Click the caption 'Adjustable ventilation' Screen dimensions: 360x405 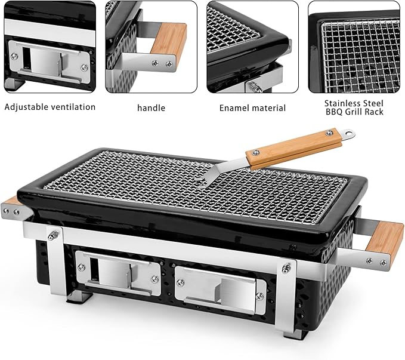coord(50,107)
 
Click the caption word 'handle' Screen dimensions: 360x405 coord(151,108)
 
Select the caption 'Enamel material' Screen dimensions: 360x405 coord(252,108)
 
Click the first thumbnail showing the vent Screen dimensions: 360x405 coord(50,47)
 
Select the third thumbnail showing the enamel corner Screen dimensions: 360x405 coord(252,47)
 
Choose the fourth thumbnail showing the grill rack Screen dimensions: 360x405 coord(354,47)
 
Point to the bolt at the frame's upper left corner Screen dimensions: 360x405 coord(52,234)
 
